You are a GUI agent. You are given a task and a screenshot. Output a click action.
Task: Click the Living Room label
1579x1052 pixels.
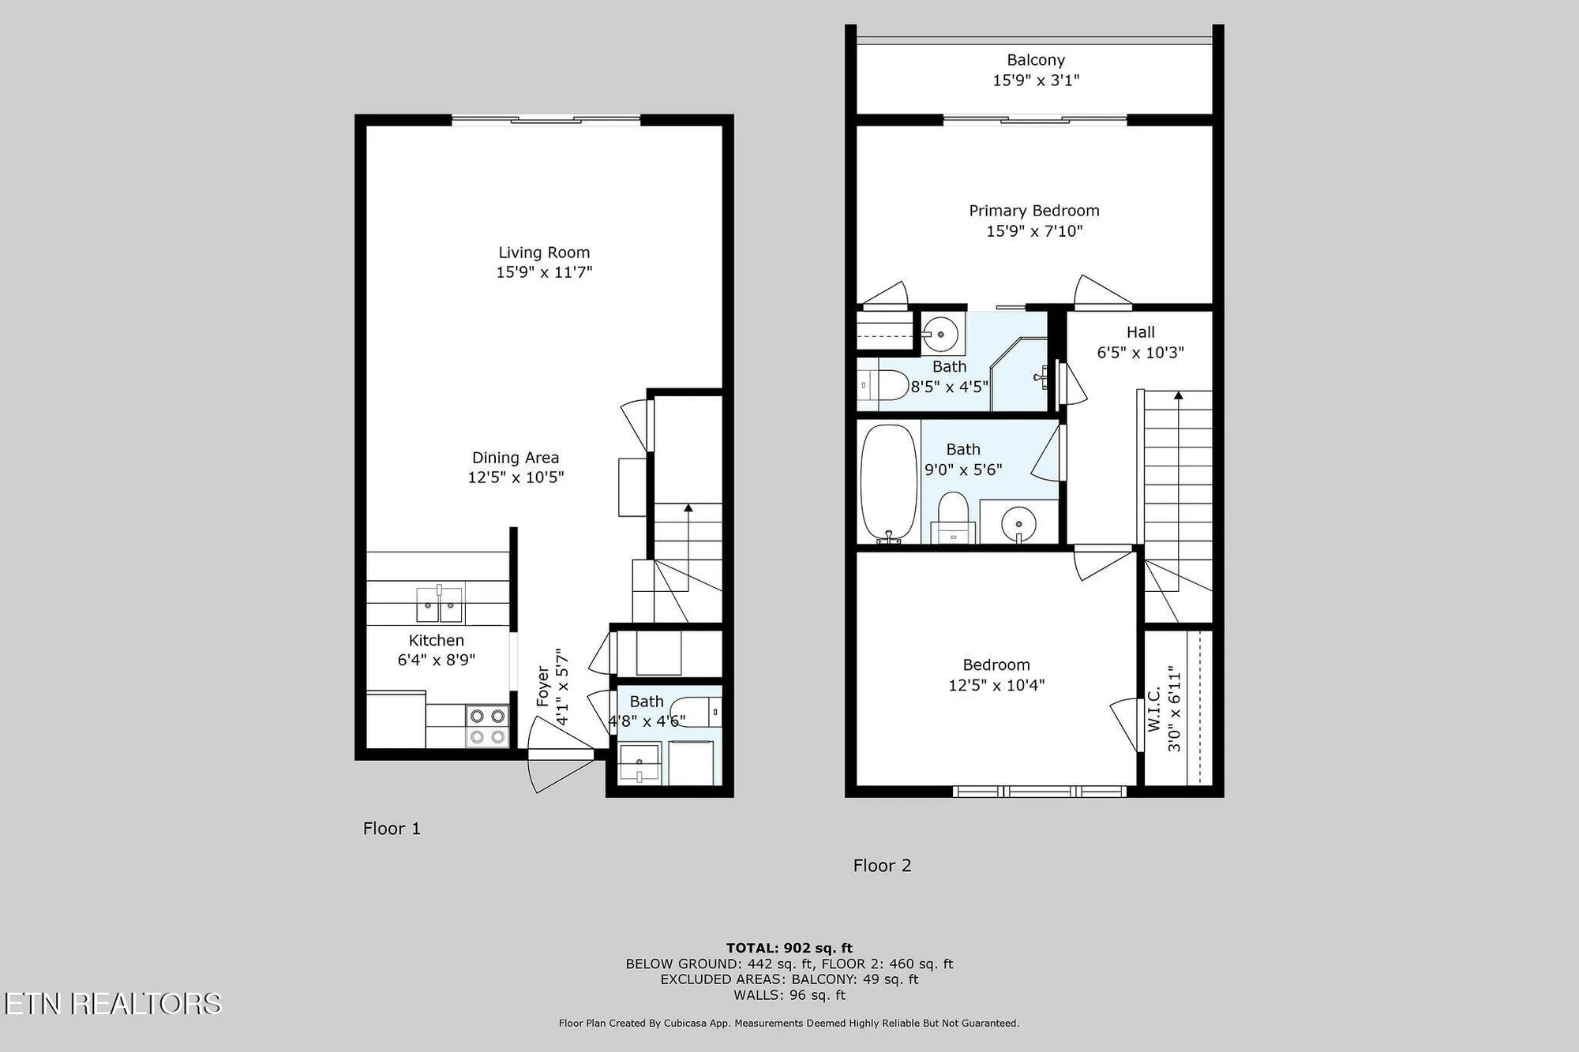coord(544,253)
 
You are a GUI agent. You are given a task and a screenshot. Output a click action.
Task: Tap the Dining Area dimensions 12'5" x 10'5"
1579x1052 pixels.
coord(516,477)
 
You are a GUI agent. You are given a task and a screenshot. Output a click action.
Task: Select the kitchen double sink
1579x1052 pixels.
coord(440,605)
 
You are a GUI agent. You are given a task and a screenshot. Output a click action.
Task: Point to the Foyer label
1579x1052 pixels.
coord(542,686)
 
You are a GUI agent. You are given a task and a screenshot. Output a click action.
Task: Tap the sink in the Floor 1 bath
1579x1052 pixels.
coord(639,763)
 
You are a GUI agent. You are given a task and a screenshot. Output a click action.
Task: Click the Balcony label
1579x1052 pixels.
coord(1036,60)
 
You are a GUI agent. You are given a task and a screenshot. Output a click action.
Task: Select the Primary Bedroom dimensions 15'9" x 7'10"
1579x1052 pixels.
coord(1034,231)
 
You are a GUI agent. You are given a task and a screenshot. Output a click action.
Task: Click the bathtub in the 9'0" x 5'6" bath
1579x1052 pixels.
coord(888,483)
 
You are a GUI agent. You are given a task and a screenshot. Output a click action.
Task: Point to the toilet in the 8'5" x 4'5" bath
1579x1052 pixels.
coord(884,385)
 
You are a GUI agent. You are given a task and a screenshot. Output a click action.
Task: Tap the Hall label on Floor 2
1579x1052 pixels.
coord(1140,332)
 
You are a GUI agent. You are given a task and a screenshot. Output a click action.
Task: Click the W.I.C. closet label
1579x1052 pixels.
coord(1154,709)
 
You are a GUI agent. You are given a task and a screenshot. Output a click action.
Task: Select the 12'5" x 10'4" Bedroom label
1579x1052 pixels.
coord(996,665)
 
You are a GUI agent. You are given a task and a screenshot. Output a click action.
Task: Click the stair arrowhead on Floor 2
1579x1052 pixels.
coord(1178,395)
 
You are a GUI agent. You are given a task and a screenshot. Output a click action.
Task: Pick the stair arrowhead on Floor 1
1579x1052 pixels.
coord(688,508)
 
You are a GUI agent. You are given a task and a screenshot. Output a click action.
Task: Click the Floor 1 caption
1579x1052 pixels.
coord(392,828)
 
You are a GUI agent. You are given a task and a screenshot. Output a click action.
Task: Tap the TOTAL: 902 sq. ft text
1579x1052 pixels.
coord(789,948)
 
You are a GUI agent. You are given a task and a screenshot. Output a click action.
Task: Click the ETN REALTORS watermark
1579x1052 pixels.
coord(112,1003)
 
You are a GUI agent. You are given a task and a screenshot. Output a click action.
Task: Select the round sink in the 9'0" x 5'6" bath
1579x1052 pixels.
coord(1018,522)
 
